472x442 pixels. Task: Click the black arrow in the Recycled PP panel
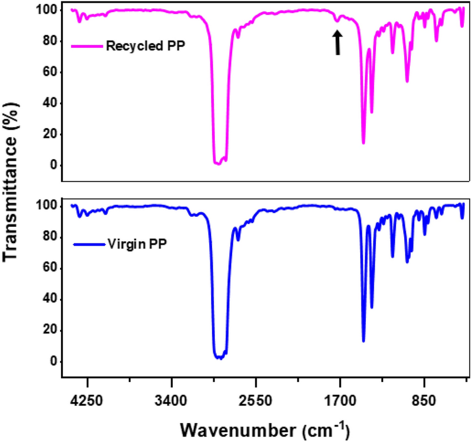click(x=337, y=43)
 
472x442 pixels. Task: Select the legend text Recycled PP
click(x=145, y=46)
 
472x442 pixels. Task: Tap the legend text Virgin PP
click(x=135, y=243)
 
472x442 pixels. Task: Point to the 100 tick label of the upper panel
click(x=43, y=11)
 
